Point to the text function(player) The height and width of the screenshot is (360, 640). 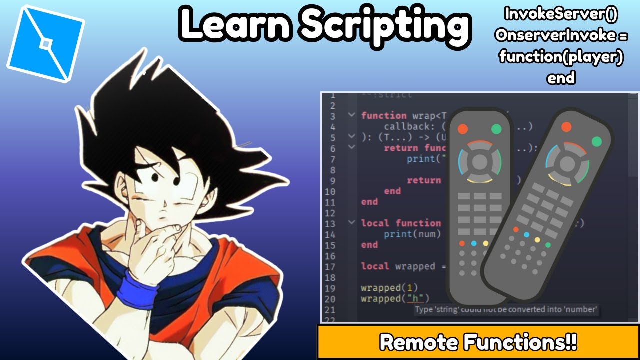[x=561, y=57]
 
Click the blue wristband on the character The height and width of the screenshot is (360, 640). [x=136, y=289]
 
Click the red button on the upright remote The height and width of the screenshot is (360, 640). [x=462, y=129]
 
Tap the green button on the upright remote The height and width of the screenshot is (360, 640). [x=496, y=129]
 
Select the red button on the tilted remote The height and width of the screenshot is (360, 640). [x=566, y=127]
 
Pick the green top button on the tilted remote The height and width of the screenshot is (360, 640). [x=596, y=141]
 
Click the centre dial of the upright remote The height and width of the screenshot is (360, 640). [x=479, y=161]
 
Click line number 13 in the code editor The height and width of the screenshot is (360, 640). [x=330, y=223]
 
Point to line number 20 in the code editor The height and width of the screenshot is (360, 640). [x=330, y=299]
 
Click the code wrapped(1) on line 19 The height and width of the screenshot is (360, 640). [x=389, y=288]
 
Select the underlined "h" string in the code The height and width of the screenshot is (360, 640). [x=415, y=299]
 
